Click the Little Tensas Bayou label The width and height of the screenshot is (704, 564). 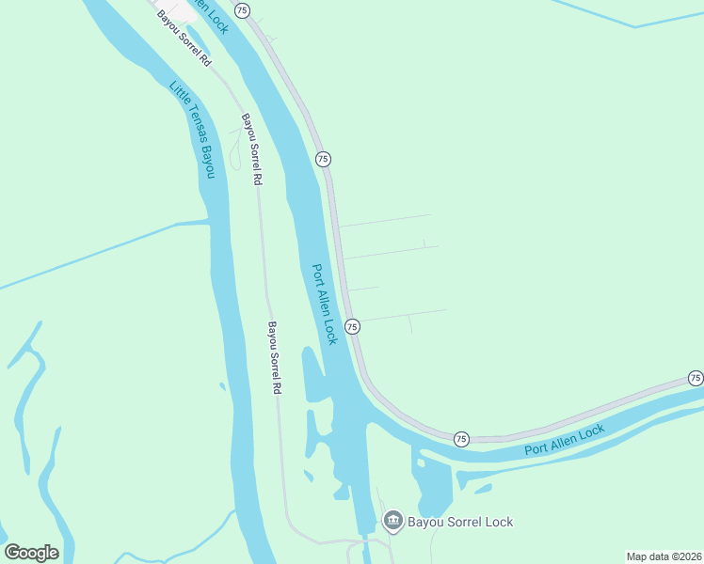click(193, 130)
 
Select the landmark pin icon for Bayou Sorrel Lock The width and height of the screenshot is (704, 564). click(392, 521)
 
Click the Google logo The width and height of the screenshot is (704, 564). click(31, 553)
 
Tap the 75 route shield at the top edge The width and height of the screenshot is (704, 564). click(243, 9)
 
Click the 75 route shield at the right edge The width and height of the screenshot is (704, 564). click(695, 378)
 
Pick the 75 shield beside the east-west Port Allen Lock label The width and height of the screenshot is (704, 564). click(461, 439)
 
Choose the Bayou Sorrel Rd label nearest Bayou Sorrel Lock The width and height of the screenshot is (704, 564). click(275, 357)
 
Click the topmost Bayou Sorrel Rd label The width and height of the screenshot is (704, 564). click(184, 38)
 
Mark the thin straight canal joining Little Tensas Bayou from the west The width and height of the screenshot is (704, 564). click(94, 255)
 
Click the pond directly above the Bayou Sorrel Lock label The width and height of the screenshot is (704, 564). click(434, 485)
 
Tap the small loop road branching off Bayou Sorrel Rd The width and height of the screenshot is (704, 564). click(234, 150)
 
